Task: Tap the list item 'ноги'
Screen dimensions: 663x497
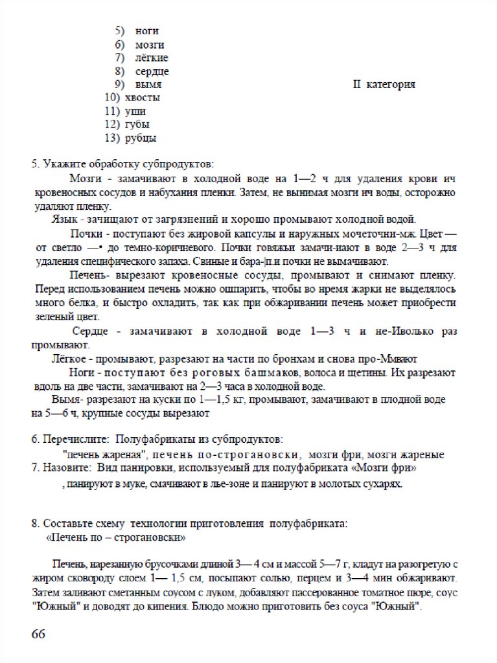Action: tap(147, 30)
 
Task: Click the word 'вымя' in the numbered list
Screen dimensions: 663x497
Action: tap(148, 85)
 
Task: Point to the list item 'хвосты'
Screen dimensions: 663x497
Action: tap(142, 98)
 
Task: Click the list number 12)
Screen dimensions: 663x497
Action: tap(111, 124)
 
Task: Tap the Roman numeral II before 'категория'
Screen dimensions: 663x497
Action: tap(357, 85)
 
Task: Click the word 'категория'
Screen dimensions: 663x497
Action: tap(391, 85)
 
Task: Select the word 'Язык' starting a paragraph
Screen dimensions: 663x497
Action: tap(64, 219)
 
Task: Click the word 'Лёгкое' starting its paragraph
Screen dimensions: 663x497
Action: tap(68, 359)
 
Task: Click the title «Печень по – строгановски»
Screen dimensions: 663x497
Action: tap(117, 537)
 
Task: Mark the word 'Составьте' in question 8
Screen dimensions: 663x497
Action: tap(67, 523)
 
